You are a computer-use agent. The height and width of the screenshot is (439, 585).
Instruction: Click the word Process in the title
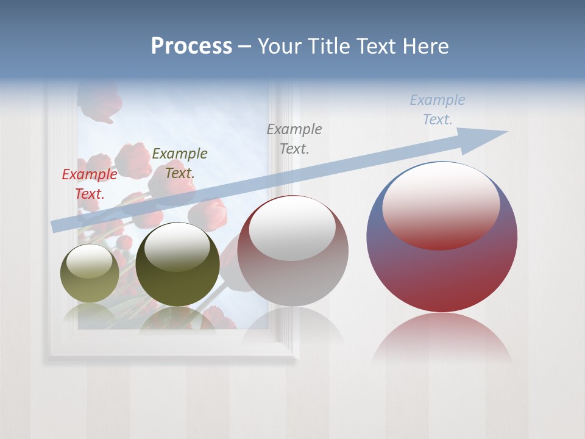pyautogui.click(x=191, y=46)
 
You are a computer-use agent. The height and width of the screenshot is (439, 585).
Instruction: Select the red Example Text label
pyautogui.click(x=90, y=184)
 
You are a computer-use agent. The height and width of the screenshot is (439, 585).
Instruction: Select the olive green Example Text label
pyautogui.click(x=179, y=163)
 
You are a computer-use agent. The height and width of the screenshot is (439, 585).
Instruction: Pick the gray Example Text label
pyautogui.click(x=294, y=138)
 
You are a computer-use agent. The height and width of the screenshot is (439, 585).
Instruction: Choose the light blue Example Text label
pyautogui.click(x=437, y=110)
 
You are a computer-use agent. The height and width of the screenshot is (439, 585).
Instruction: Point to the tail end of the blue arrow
pyautogui.click(x=56, y=226)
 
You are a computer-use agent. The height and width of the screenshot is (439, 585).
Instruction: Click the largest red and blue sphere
pyautogui.click(x=442, y=268)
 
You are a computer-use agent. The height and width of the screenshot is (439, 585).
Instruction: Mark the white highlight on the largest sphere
pyautogui.click(x=441, y=204)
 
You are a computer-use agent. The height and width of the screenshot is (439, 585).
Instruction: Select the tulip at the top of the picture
pyautogui.click(x=99, y=101)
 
